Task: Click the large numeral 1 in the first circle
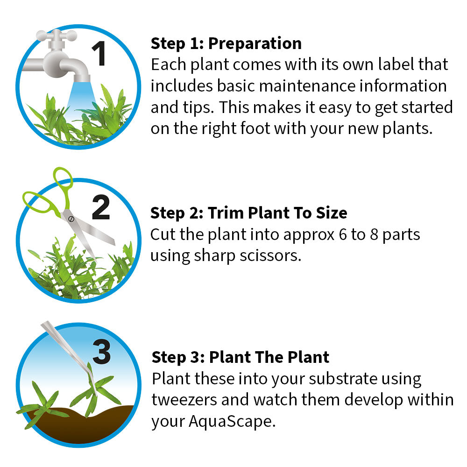click(99, 53)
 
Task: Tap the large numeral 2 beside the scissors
click(101, 207)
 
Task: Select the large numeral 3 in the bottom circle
click(101, 352)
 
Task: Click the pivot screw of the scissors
click(71, 219)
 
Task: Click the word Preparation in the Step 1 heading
click(255, 44)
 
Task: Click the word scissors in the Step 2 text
click(270, 255)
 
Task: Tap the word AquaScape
click(232, 422)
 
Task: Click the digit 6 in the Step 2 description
click(343, 235)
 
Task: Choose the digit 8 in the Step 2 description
click(374, 235)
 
